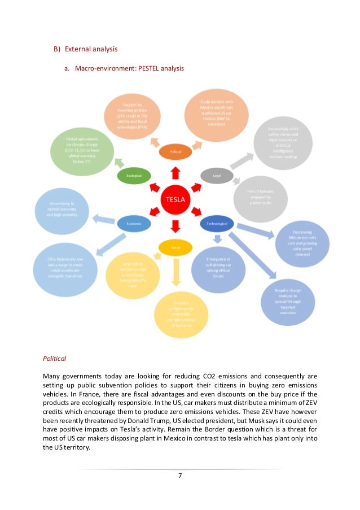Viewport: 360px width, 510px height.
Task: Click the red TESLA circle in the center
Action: pos(174,199)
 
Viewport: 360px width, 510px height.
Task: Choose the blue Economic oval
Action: pos(134,223)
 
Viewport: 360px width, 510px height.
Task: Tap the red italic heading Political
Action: pos(55,358)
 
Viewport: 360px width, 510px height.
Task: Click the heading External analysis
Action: pos(91,49)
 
